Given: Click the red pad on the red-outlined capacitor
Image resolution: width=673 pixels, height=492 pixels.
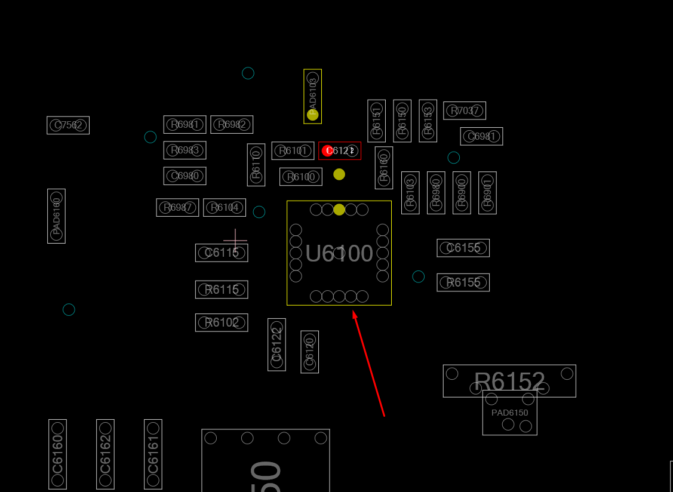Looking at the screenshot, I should click(x=327, y=150).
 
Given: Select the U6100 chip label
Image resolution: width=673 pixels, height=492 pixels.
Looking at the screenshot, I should click(x=339, y=254).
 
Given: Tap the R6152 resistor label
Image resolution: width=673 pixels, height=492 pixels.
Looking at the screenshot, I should click(x=509, y=381).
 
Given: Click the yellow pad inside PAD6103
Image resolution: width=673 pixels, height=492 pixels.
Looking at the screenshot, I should click(x=312, y=115).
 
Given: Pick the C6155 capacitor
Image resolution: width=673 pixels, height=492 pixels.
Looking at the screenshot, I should click(x=463, y=248).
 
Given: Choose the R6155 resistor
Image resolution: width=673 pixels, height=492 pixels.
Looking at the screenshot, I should click(x=463, y=282).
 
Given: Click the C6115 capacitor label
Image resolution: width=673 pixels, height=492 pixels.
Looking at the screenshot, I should click(x=222, y=253).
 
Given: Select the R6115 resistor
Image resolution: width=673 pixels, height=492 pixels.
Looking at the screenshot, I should click(x=222, y=290).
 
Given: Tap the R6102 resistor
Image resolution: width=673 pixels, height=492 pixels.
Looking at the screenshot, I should click(x=222, y=322).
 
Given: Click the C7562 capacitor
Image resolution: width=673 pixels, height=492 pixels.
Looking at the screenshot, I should click(x=68, y=125).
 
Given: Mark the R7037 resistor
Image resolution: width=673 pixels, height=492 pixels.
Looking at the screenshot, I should click(x=464, y=110).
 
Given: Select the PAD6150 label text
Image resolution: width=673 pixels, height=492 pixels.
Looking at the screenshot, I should click(x=509, y=413).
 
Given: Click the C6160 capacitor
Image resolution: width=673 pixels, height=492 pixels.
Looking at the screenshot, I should click(x=57, y=454).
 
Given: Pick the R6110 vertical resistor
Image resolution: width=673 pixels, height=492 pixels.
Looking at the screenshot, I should click(x=256, y=165).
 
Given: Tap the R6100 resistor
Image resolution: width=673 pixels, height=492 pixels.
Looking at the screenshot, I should click(x=301, y=177).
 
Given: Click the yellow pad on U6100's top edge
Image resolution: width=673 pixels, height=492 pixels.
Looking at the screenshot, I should click(x=339, y=210).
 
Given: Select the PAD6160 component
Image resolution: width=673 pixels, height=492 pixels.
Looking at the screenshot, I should click(x=56, y=216).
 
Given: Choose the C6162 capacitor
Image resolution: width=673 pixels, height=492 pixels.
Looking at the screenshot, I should click(x=105, y=454).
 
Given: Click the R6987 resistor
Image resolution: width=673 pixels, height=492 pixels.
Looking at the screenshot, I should click(x=177, y=207).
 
